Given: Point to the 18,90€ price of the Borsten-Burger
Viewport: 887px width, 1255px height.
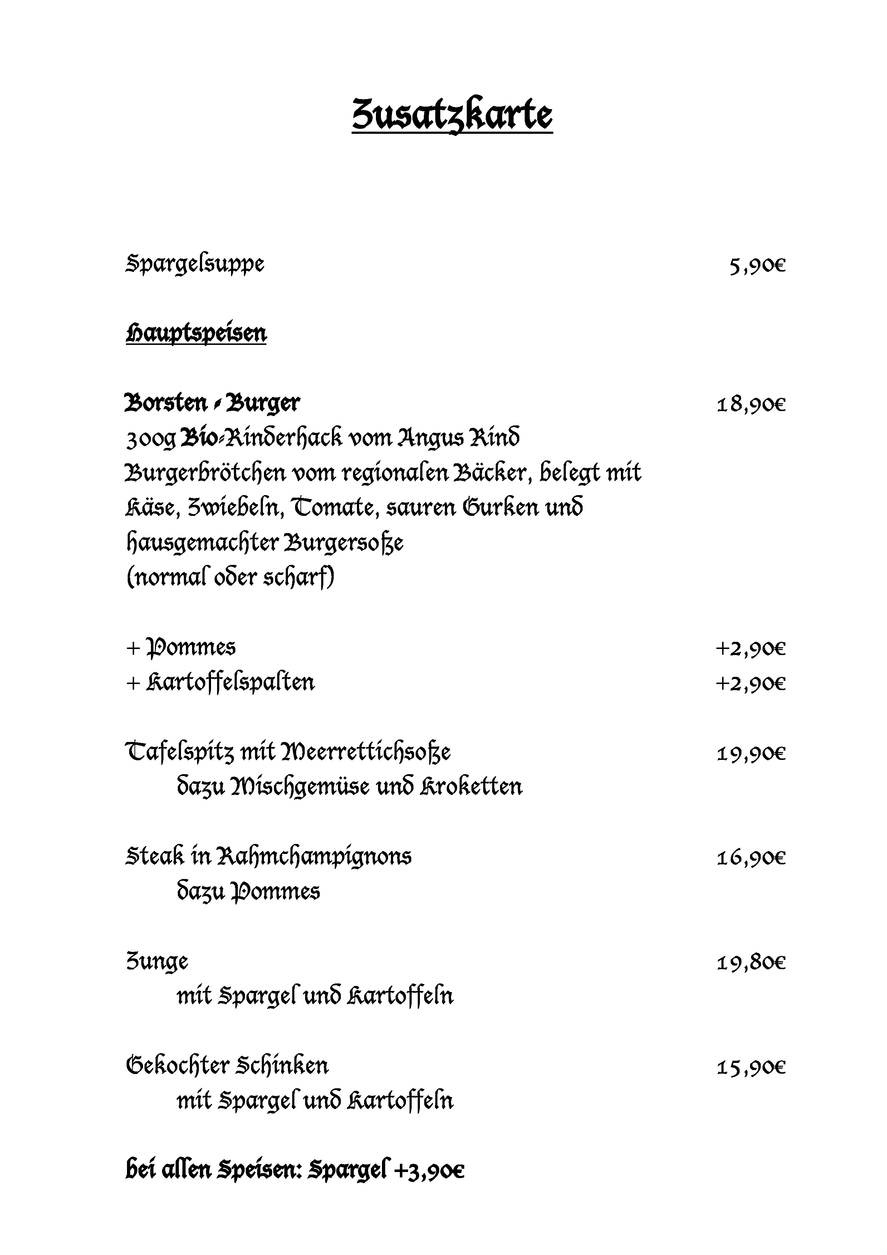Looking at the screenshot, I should point(751,405).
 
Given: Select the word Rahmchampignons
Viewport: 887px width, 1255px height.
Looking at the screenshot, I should point(314,857).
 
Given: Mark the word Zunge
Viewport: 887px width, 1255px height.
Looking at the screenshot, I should point(157,962).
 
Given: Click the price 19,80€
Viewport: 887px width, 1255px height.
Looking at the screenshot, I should point(751,963).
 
